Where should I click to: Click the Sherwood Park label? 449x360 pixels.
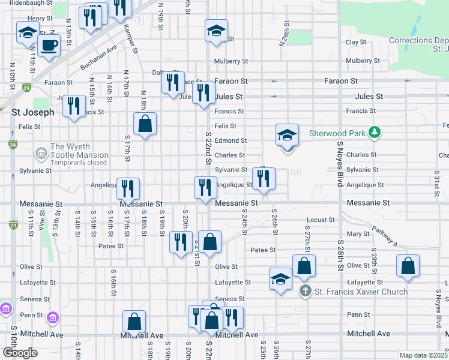tap(338, 133)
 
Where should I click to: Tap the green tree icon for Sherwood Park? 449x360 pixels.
tap(375, 132)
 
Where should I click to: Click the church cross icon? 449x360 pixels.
tap(305, 292)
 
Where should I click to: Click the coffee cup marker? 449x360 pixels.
tap(49, 44)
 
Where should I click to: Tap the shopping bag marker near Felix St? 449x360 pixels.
tap(145, 124)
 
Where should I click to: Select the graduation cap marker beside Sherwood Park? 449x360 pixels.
tap(288, 136)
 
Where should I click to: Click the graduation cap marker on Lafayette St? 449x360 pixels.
tap(280, 280)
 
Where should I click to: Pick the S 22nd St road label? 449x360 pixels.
tap(208, 153)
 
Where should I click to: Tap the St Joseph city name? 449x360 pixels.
tap(33, 112)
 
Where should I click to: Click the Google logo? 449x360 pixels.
tap(19, 353)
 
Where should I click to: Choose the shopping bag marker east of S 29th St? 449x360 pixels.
tap(408, 266)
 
